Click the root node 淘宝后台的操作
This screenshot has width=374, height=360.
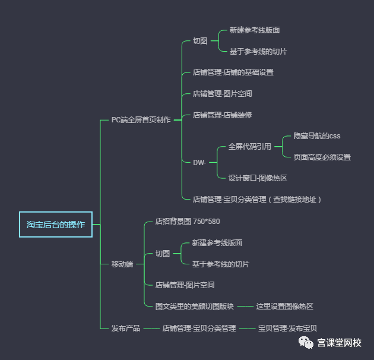point(56,225)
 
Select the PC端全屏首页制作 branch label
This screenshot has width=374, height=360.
point(141,120)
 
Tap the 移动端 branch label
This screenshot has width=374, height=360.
point(122,264)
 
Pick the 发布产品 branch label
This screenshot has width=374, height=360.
point(126,328)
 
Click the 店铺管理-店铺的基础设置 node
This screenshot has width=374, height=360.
point(233,72)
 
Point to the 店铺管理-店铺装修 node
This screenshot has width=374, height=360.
point(223,115)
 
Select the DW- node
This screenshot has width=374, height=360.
point(199,162)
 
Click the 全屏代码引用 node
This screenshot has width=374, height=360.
point(250,147)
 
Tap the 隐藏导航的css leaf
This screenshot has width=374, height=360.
point(317,136)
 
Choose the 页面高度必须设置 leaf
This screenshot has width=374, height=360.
point(322,157)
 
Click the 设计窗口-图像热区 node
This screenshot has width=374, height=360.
point(258,178)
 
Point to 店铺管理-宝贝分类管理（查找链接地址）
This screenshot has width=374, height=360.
point(257,200)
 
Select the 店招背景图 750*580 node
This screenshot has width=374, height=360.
point(188,222)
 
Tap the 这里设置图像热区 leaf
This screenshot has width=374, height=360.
point(284,307)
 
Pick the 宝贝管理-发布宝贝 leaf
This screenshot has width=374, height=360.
point(287,328)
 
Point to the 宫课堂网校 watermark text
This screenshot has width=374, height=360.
point(339,343)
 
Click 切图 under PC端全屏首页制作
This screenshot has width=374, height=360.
point(200,41)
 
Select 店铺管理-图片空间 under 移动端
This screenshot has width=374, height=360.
point(185,285)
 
